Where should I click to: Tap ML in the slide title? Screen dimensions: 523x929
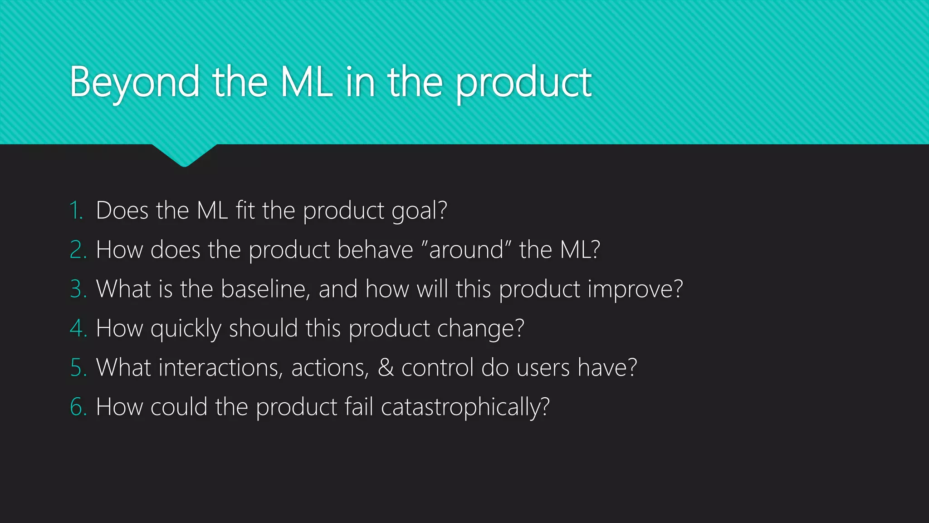(x=307, y=83)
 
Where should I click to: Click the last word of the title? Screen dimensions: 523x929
(x=523, y=83)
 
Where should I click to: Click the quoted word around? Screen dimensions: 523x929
(x=466, y=250)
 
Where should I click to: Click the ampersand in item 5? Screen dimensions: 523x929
(x=386, y=368)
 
